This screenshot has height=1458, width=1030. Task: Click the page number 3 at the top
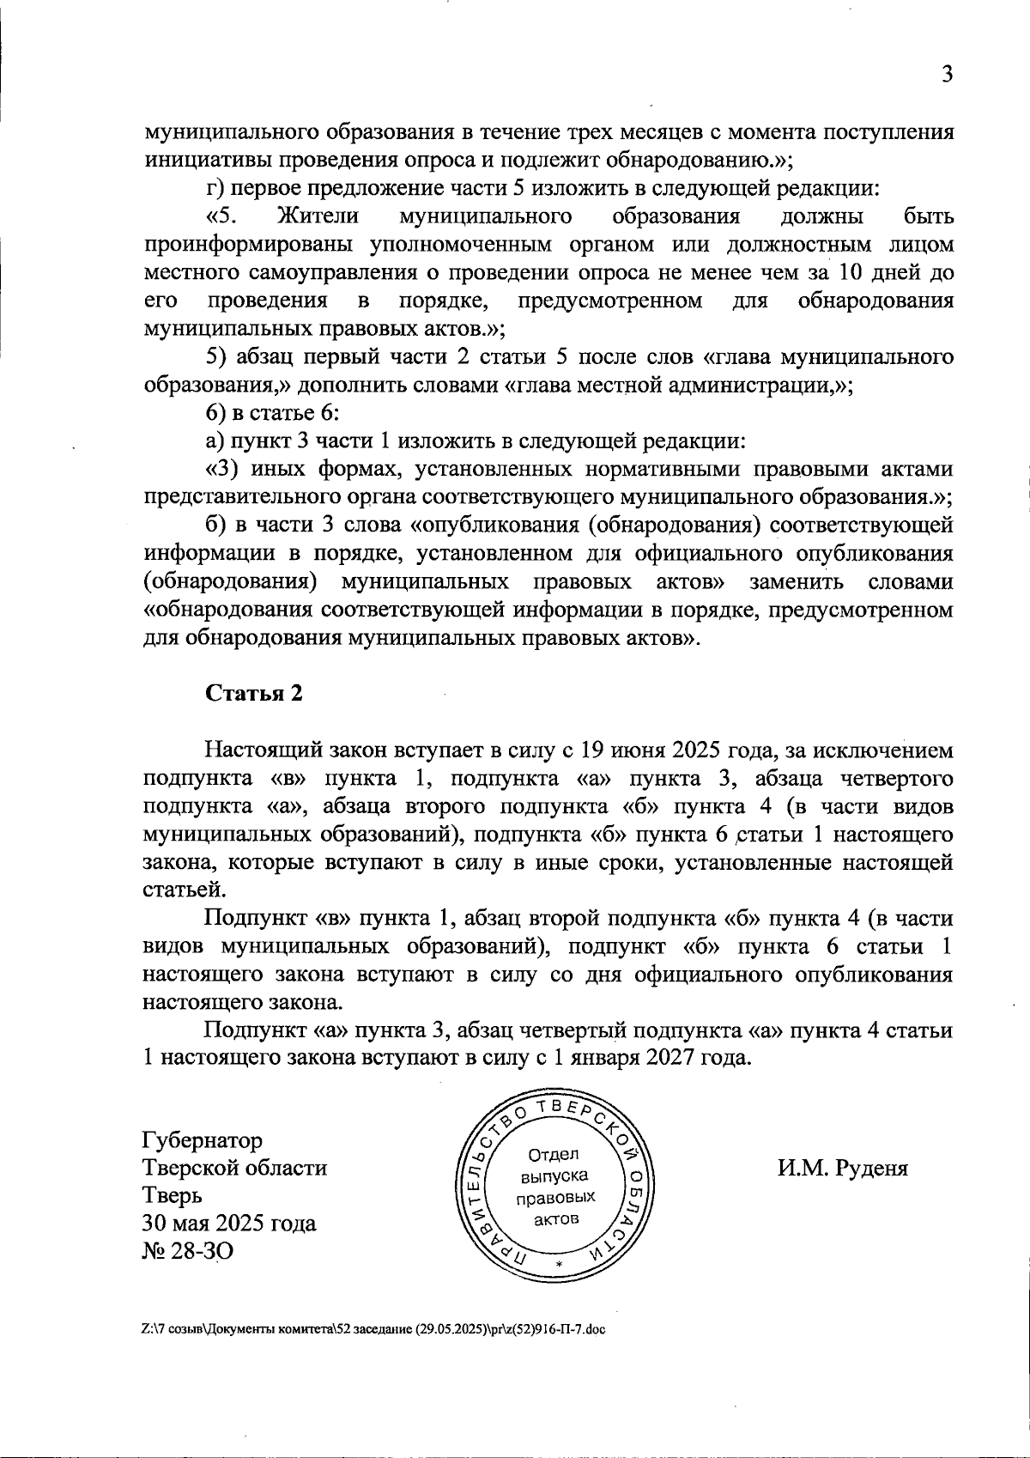(947, 75)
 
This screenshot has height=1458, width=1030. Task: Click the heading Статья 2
(254, 694)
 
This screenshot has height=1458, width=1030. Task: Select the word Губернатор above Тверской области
(203, 1141)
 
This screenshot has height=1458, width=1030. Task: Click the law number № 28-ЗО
(187, 1251)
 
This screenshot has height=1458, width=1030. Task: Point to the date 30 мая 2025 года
(229, 1224)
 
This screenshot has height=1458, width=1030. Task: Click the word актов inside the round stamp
(555, 1219)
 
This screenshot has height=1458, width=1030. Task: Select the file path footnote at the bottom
(373, 1329)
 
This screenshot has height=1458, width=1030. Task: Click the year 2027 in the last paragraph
(676, 1057)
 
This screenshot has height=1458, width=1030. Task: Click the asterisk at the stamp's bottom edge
(558, 1266)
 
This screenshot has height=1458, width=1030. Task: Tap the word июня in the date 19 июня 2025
(634, 750)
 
